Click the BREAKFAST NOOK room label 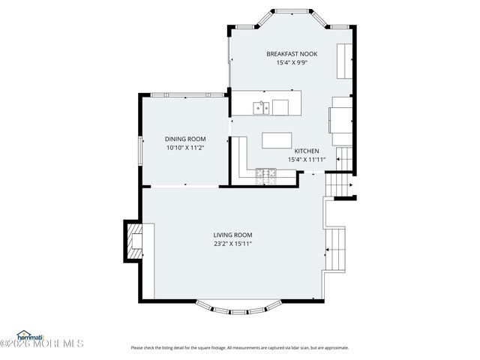click(x=292, y=54)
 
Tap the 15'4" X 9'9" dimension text click(x=292, y=63)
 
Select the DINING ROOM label click(x=185, y=139)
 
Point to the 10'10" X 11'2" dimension click(x=185, y=148)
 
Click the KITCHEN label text click(x=307, y=150)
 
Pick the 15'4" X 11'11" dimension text click(x=307, y=159)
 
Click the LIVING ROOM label click(x=232, y=235)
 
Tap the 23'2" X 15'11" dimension click(x=232, y=244)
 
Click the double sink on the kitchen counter click(x=261, y=107)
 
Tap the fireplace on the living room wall click(x=133, y=241)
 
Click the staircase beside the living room click(x=337, y=250)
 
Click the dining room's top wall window click(x=187, y=94)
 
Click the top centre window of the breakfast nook click(x=292, y=12)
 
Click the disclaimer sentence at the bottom click(x=240, y=347)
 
